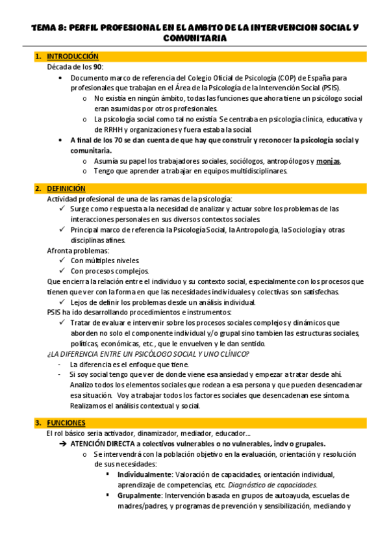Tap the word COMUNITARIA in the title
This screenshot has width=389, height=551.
click(x=195, y=39)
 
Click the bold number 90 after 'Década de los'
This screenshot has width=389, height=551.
click(x=97, y=67)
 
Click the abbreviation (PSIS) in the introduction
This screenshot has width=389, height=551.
click(x=336, y=88)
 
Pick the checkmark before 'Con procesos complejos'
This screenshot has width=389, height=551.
click(x=62, y=271)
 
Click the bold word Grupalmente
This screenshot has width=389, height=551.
click(x=139, y=496)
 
